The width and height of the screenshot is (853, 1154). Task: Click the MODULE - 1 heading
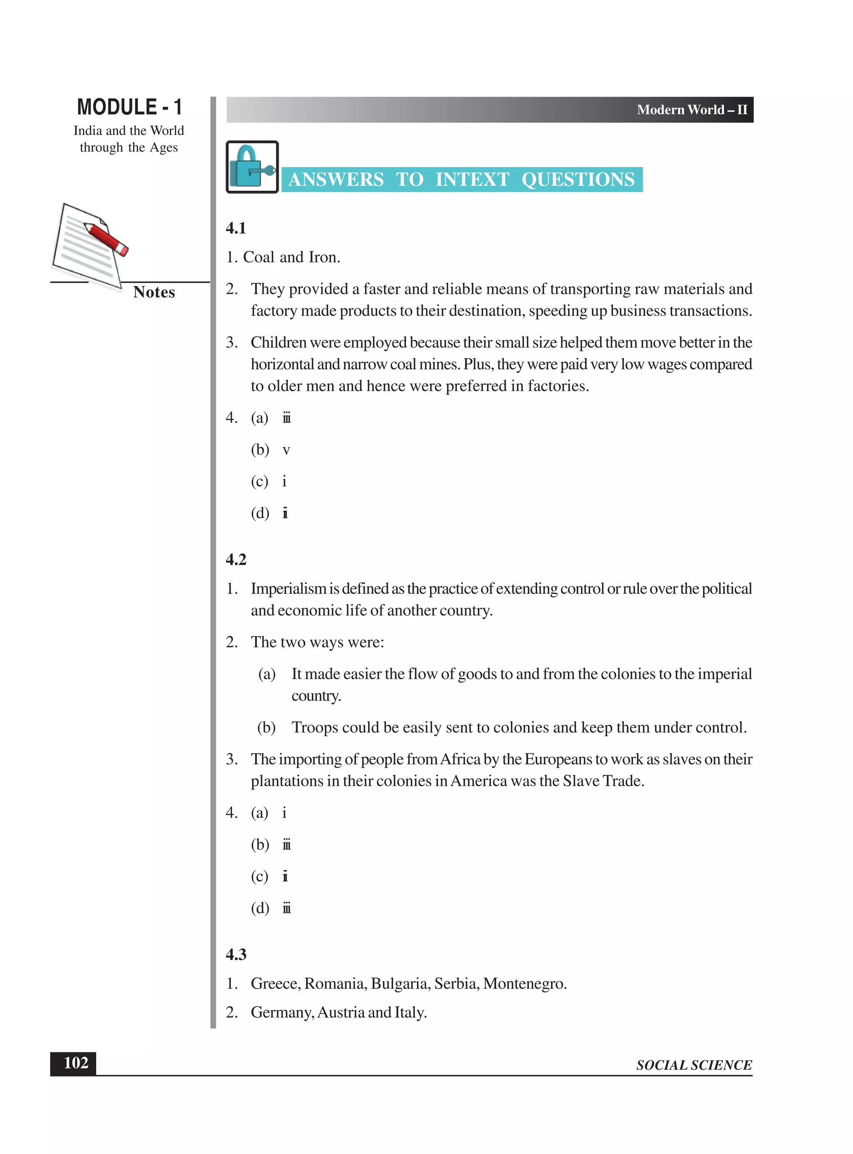(129, 107)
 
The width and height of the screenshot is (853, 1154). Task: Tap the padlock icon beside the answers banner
(252, 167)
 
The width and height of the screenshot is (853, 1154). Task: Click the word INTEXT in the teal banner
(472, 179)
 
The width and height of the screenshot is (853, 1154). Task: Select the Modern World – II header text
(691, 110)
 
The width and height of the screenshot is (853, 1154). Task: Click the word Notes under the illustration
(154, 292)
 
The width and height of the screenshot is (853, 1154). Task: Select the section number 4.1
(236, 228)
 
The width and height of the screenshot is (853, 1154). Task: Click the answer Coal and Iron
(291, 257)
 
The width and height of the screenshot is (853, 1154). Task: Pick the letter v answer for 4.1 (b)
(286, 450)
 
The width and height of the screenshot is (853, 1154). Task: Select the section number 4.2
(236, 560)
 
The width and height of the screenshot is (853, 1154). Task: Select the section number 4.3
(236, 954)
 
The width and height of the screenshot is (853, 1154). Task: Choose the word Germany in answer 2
(282, 1012)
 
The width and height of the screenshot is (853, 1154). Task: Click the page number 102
(75, 1063)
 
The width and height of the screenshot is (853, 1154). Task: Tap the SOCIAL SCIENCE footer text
(693, 1065)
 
